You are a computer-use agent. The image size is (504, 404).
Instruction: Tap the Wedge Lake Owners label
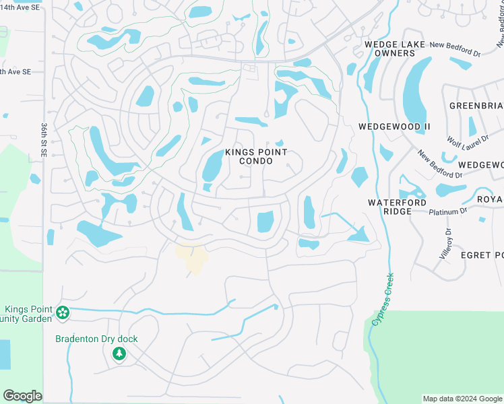point(389,48)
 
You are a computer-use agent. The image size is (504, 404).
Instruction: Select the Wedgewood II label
point(394,127)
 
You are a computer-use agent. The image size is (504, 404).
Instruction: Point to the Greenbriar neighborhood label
point(476,106)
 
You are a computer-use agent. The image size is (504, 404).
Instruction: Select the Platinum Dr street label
point(448,211)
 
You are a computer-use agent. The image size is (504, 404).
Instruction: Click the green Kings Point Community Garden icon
point(63,312)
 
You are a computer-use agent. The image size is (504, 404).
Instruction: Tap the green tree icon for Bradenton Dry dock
point(119,353)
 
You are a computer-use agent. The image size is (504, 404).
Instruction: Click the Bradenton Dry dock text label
point(96,339)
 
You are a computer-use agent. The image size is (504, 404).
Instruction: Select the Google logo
point(22,395)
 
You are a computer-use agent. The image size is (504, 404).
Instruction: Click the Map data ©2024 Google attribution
point(462,399)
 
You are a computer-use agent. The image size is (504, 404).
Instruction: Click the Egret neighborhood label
point(481,255)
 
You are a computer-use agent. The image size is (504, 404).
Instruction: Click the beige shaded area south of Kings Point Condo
point(192,259)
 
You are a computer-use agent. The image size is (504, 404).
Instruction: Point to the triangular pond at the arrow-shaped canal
point(358,234)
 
